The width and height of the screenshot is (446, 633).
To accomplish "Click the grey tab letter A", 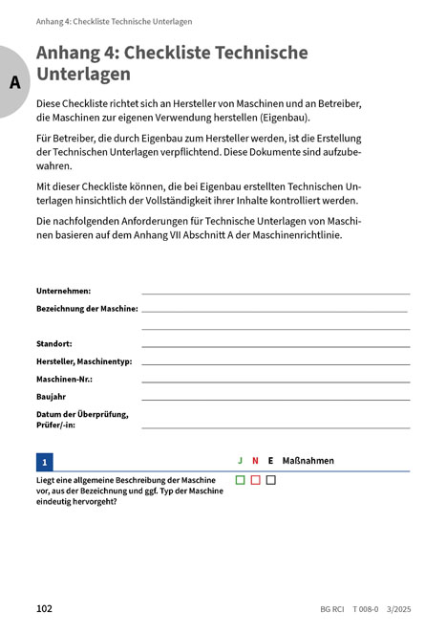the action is (14, 82).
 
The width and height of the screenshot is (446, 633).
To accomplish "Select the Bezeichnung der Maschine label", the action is (87, 309).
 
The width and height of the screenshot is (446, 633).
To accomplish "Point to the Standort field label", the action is (54, 342).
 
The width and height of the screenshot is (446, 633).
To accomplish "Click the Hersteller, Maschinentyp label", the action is (84, 360).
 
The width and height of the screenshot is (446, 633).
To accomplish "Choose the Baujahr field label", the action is (52, 396).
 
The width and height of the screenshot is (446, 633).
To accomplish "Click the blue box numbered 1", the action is (45, 461).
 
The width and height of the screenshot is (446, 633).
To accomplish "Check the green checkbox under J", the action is (241, 480).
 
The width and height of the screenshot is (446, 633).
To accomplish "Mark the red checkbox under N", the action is (256, 480).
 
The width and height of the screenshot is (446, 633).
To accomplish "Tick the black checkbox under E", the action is (270, 480).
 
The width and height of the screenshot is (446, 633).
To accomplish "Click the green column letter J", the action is (241, 461).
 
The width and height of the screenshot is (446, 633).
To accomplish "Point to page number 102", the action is (44, 608).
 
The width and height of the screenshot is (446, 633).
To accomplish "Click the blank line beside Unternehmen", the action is (275, 292).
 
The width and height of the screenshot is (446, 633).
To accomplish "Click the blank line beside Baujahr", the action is (275, 398).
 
